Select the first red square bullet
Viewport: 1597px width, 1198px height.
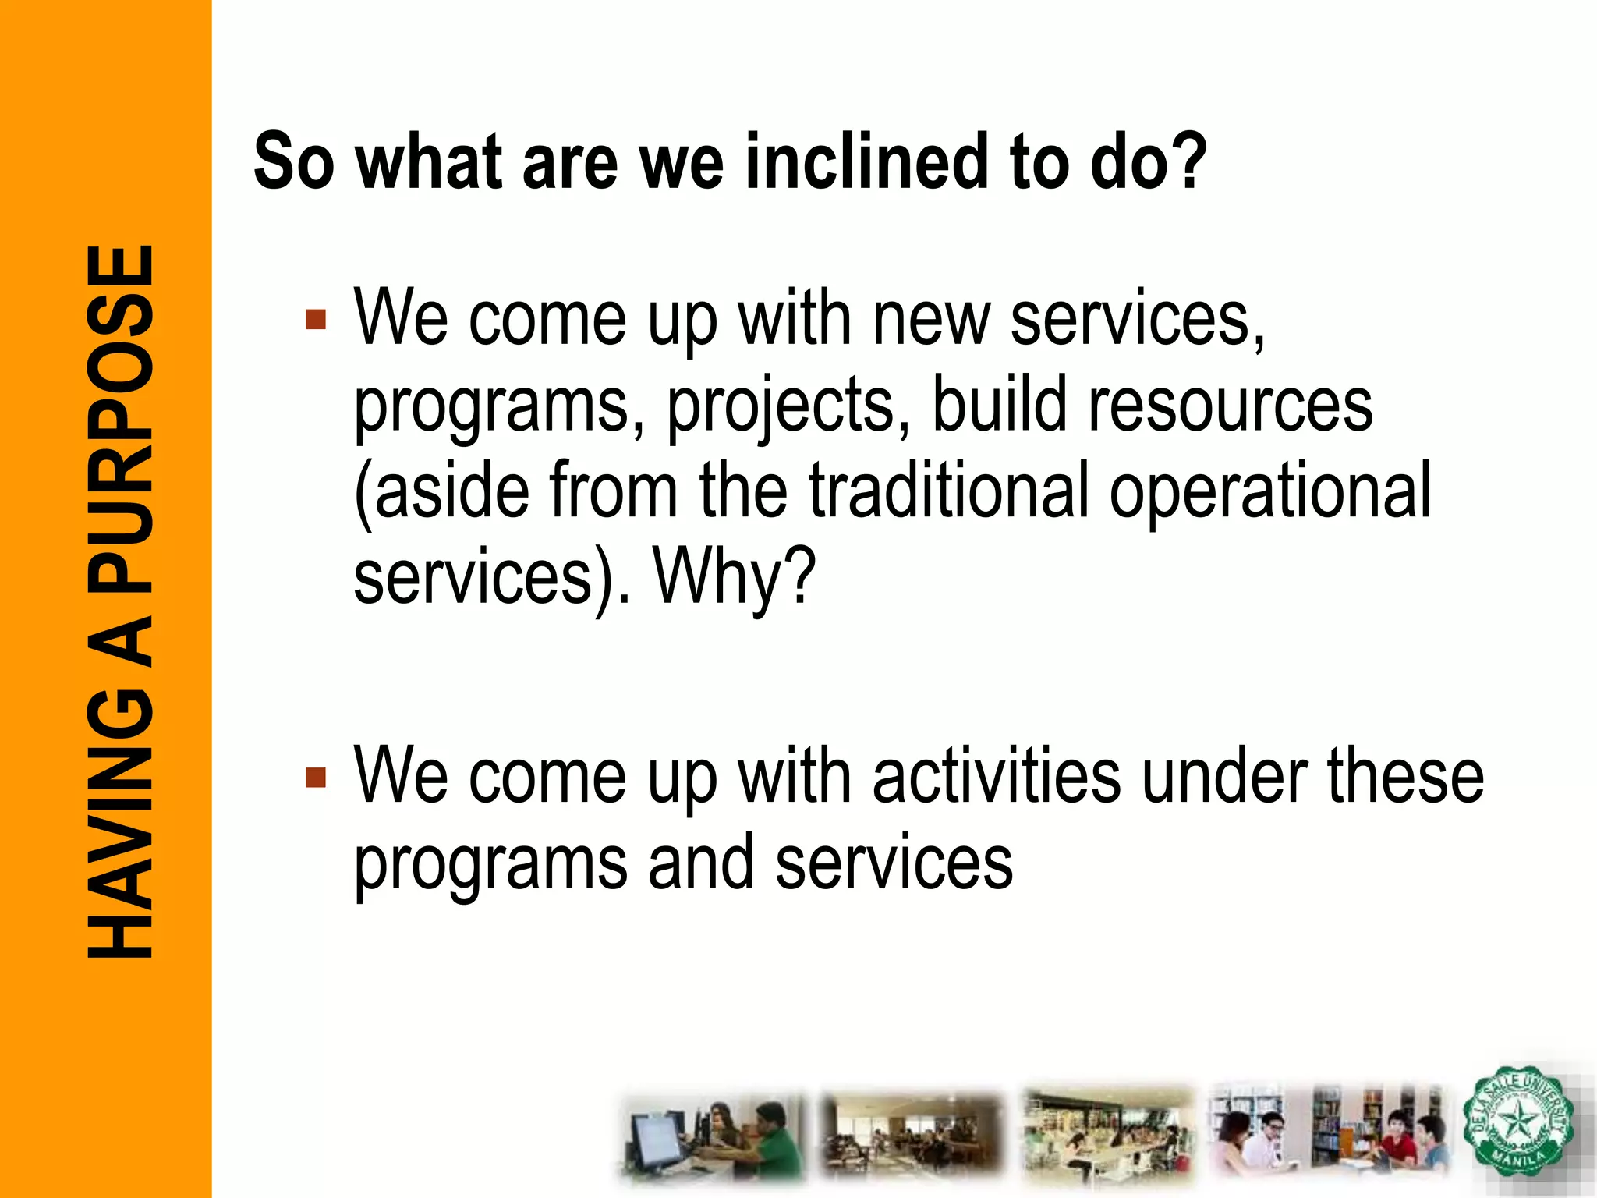tap(316, 320)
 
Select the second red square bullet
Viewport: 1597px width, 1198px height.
tap(316, 778)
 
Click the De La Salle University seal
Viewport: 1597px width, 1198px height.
tap(1517, 1122)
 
